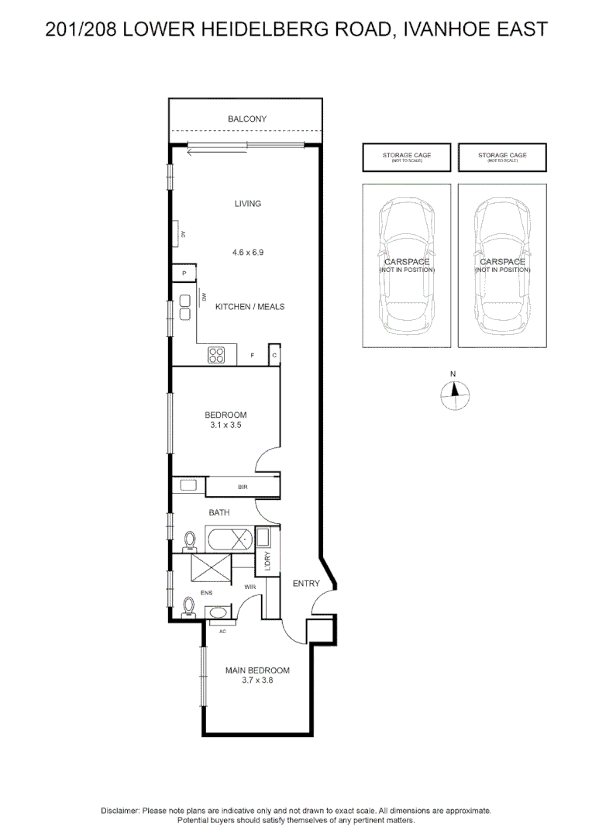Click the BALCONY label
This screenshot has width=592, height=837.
[246, 119]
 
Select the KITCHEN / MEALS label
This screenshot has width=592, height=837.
[250, 307]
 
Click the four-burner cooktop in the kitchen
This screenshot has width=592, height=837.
[217, 355]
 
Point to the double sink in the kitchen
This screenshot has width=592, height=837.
[186, 307]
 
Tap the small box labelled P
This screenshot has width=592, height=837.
[184, 274]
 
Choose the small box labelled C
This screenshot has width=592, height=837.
[274, 355]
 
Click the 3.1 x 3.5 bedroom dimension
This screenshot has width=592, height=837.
[225, 425]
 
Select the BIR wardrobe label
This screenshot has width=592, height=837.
[243, 487]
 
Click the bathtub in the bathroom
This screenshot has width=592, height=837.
[229, 537]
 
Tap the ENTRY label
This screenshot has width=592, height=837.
[305, 584]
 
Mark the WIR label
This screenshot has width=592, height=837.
[250, 587]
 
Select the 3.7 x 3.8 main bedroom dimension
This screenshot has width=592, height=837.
[257, 680]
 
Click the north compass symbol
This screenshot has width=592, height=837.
[454, 395]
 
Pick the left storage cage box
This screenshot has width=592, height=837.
[407, 157]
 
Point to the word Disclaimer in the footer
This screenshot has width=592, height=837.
[119, 811]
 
